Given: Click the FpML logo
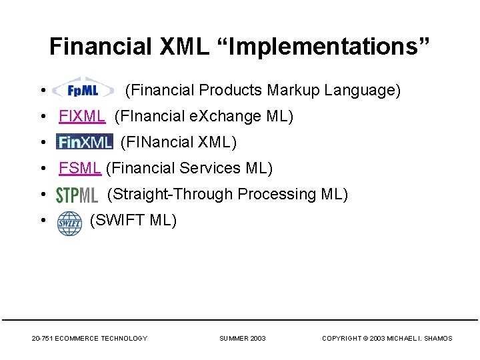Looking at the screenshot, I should coord(83,89).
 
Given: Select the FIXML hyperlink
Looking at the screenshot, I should coord(81,116).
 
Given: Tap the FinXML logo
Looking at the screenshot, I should coord(85,142).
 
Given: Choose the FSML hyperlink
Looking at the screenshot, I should coord(79,168).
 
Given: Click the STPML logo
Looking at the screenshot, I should coord(77,195).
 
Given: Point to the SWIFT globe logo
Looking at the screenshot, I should coord(69,222).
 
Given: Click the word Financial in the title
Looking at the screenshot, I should coord(101,47).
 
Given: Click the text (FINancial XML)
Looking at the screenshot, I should coord(178,142).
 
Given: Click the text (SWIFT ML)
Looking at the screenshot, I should coord(133,220).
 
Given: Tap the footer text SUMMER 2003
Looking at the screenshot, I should coord(243,339).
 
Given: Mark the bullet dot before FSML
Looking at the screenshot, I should coord(42,169).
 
